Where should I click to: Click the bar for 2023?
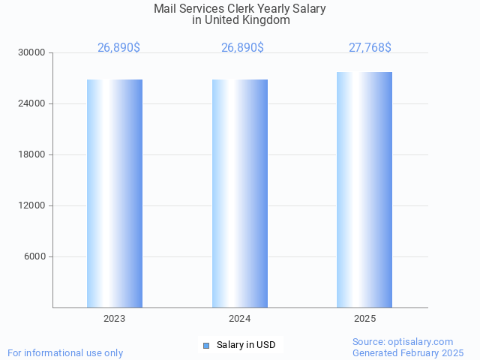click(x=115, y=193)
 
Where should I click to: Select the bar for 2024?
click(x=240, y=193)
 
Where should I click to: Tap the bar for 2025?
click(x=364, y=190)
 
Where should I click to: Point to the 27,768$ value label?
click(x=370, y=47)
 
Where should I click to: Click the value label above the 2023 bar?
click(x=118, y=47)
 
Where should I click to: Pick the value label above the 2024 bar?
click(x=242, y=47)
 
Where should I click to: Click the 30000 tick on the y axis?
click(x=32, y=53)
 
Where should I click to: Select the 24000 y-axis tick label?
click(x=32, y=104)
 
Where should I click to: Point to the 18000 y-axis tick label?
click(x=32, y=155)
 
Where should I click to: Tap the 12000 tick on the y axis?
click(x=32, y=206)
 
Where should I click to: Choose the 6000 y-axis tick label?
click(x=34, y=257)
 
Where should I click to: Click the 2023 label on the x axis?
click(x=115, y=319)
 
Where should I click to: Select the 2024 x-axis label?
click(x=240, y=319)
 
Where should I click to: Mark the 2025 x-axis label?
click(x=364, y=319)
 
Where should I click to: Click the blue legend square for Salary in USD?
click(x=206, y=345)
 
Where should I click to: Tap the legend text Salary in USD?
click(x=246, y=345)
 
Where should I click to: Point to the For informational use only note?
click(x=65, y=352)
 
